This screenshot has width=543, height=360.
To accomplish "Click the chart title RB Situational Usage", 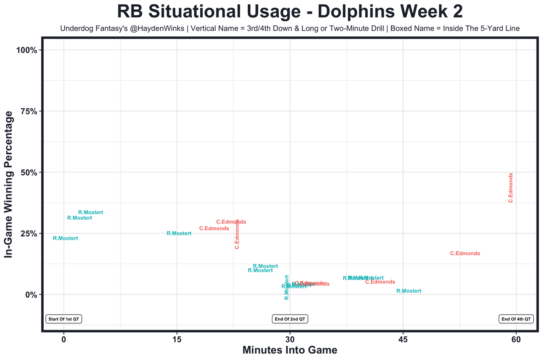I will (290, 11).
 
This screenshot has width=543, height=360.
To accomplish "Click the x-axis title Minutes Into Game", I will (290, 350).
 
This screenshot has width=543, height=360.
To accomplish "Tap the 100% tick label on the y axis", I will (28, 50).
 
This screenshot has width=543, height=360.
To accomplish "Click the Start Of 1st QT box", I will (64, 319).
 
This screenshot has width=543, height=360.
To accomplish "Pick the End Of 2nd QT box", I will (290, 319).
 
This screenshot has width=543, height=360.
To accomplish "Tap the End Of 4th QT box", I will (516, 319).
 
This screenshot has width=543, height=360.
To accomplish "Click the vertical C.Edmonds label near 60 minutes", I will (511, 187).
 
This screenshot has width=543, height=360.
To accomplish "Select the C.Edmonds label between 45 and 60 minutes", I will (465, 254).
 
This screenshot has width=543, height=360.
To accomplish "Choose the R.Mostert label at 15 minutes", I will (179, 233).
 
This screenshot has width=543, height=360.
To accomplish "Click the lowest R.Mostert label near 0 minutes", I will (65, 238).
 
